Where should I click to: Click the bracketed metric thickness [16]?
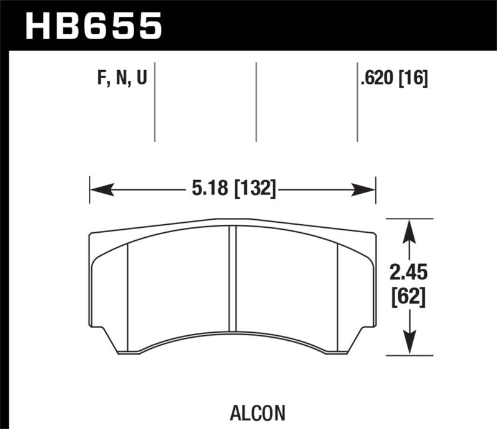pyautogui.click(x=414, y=79)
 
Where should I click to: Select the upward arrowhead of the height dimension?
pyautogui.click(x=408, y=230)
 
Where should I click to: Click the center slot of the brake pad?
pyautogui.click(x=233, y=279)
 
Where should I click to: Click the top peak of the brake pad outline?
pyautogui.click(x=233, y=219)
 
